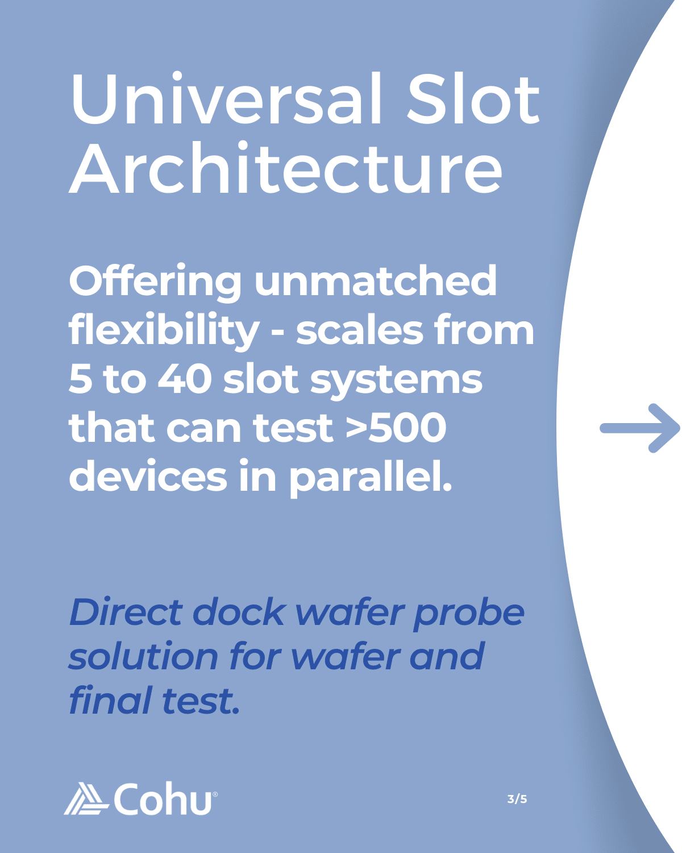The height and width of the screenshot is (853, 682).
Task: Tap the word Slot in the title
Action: (x=473, y=98)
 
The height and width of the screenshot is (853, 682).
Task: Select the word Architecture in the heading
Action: (x=286, y=168)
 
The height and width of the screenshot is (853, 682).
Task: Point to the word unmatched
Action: (x=375, y=280)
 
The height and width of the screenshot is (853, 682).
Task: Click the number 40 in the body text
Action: (x=185, y=380)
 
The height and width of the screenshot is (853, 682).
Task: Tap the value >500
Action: (x=396, y=428)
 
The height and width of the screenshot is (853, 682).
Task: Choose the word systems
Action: (x=396, y=382)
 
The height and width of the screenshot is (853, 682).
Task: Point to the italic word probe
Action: (x=469, y=615)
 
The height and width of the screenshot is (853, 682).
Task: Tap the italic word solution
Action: (x=143, y=656)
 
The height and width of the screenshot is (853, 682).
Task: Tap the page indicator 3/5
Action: (x=517, y=799)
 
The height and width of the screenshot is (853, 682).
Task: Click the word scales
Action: (x=360, y=332)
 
